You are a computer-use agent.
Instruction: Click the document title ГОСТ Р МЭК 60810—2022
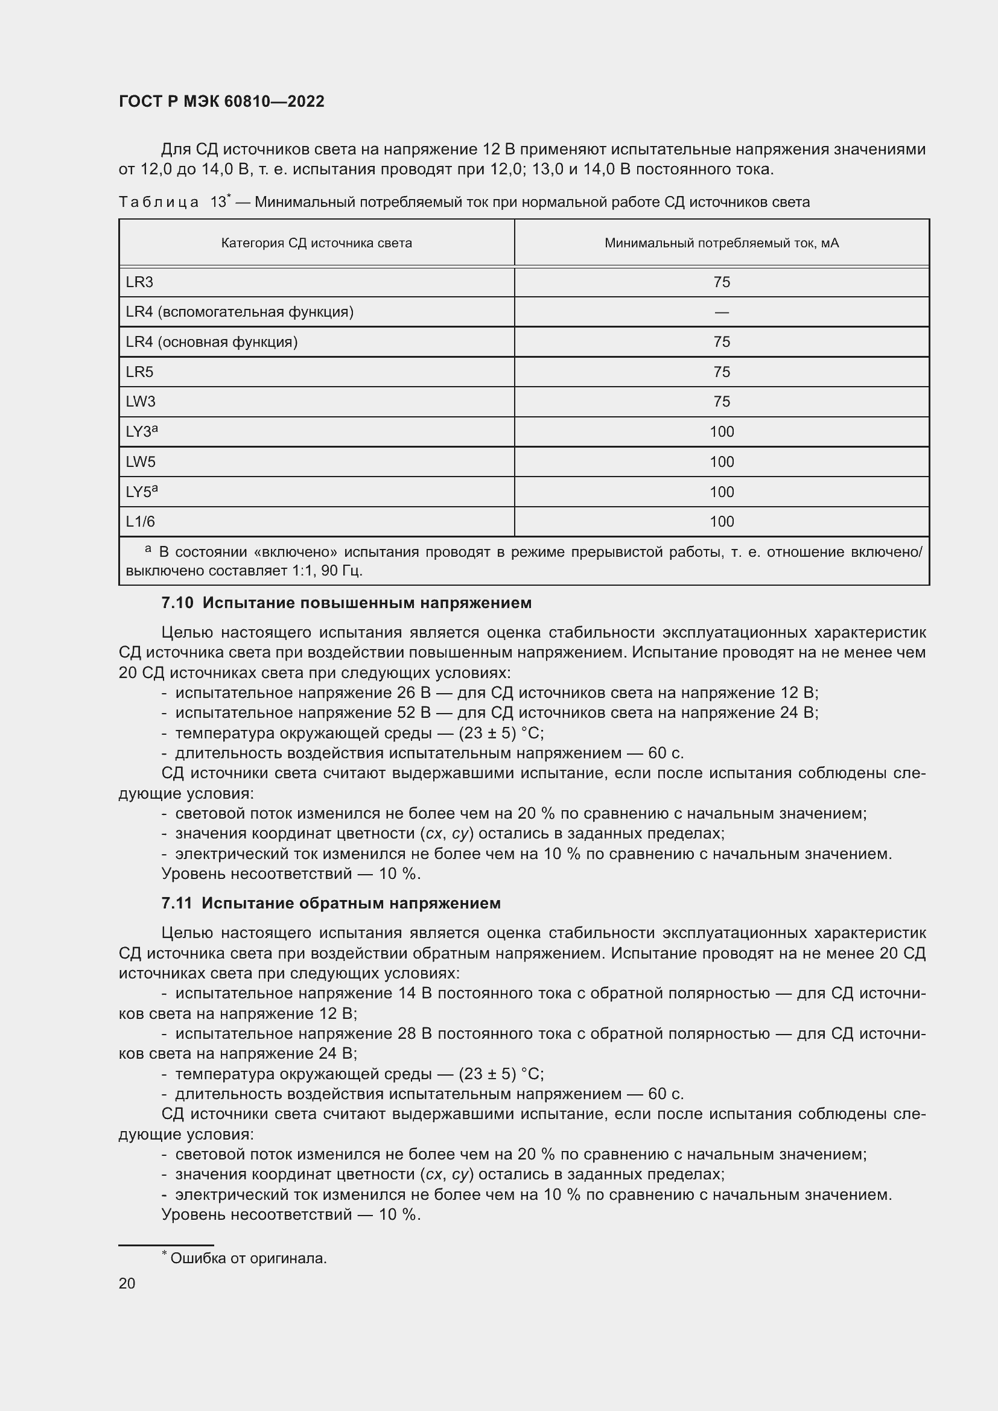tap(221, 101)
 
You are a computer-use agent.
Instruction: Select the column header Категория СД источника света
tap(317, 243)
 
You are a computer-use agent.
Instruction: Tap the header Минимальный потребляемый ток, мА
tap(722, 243)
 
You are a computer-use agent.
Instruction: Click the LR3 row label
tap(139, 282)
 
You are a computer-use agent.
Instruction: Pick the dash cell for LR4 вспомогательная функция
tap(722, 312)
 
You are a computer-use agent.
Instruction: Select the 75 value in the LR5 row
tap(722, 372)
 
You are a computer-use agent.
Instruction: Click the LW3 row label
tap(141, 401)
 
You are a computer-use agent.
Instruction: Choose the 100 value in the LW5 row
tap(722, 461)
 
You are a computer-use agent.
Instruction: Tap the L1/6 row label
tap(140, 522)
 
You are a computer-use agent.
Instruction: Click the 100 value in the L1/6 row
tap(722, 522)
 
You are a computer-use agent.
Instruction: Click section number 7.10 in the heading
tap(177, 603)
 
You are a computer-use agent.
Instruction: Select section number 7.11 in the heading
tap(176, 904)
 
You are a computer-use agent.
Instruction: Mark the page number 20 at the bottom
tap(127, 1283)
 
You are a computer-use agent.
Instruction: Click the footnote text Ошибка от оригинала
tap(248, 1258)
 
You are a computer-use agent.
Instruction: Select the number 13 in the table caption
tap(218, 202)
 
